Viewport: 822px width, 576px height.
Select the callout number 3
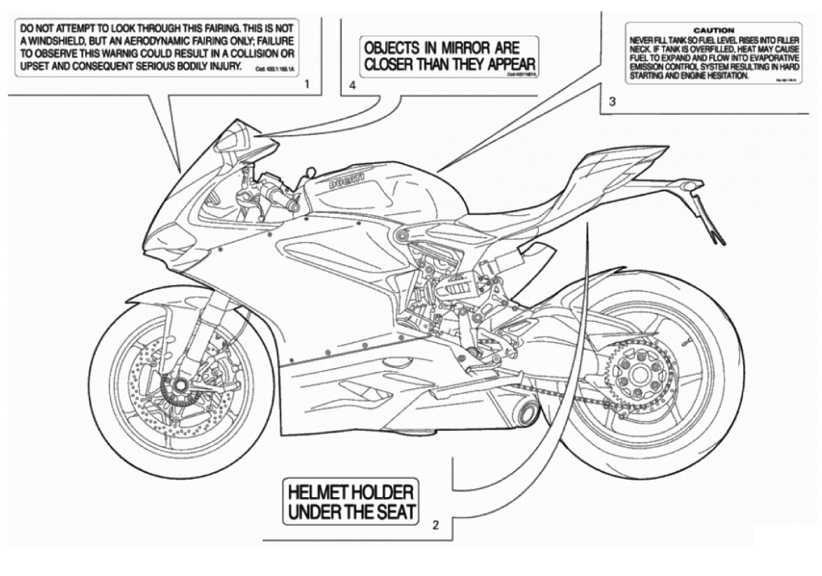click(612, 102)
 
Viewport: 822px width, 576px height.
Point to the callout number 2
click(435, 525)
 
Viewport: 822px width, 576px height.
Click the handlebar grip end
click(294, 207)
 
